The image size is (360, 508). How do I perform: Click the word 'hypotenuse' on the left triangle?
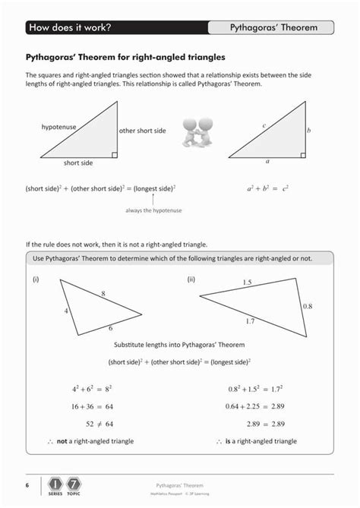58,127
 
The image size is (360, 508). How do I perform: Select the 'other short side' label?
142,131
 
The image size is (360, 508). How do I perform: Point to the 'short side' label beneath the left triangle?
78,162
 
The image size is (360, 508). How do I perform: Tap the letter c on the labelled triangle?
264,125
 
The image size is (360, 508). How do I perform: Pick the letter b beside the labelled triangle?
309,131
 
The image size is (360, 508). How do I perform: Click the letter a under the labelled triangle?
267,162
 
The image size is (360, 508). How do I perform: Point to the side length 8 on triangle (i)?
103,293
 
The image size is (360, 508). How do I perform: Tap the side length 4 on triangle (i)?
66,311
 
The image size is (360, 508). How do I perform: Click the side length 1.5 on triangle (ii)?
247,282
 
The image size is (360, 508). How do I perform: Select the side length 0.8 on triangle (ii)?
307,306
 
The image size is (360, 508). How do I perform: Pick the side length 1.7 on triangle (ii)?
250,322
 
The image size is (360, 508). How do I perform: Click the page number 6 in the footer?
27,484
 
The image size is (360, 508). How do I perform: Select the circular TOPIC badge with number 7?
74,484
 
